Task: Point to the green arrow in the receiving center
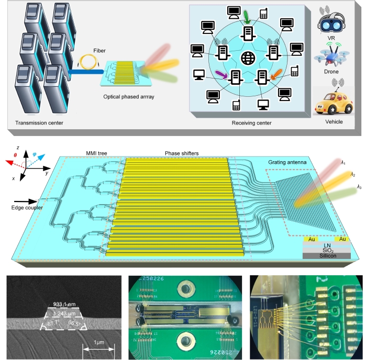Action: pyautogui.click(x=247, y=19)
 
